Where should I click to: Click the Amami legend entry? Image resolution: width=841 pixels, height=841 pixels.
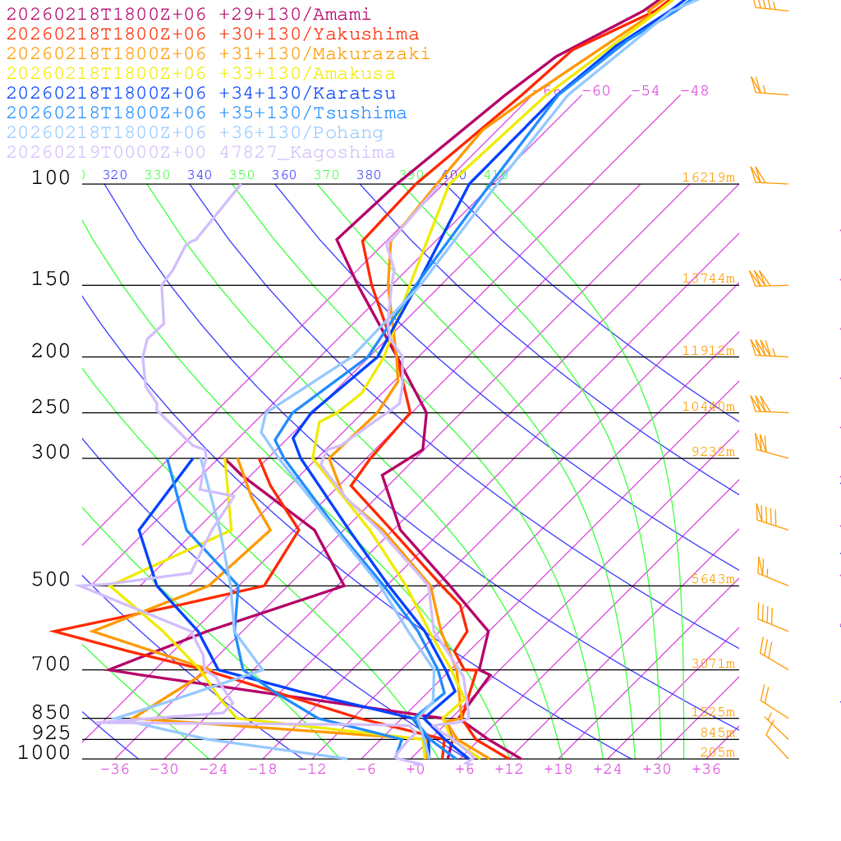188,15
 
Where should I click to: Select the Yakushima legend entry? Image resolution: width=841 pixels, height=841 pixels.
212,34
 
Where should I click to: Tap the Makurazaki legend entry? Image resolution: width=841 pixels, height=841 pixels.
218,54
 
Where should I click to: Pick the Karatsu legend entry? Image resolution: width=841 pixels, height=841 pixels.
200,94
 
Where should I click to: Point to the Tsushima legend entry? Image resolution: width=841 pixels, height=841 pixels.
206,113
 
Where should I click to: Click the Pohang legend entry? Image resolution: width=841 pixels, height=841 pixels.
195,133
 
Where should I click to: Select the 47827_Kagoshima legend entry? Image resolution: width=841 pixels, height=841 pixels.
200,153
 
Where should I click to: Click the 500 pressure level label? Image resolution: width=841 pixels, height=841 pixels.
51,580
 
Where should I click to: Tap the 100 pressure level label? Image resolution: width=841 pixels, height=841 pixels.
51,178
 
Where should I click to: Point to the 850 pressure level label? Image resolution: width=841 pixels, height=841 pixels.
51,713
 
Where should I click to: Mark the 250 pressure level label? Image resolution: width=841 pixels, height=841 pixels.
51,407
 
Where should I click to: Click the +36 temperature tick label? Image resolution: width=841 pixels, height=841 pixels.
706,769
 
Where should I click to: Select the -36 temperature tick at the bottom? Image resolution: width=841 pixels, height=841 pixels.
115,769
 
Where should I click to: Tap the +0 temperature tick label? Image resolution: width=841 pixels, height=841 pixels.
416,769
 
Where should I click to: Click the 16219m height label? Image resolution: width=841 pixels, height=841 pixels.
708,177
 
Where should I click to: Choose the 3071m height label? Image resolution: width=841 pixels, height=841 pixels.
712,664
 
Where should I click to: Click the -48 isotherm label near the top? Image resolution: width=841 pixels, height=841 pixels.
694,90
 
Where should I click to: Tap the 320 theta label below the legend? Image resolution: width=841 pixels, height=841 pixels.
115,175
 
